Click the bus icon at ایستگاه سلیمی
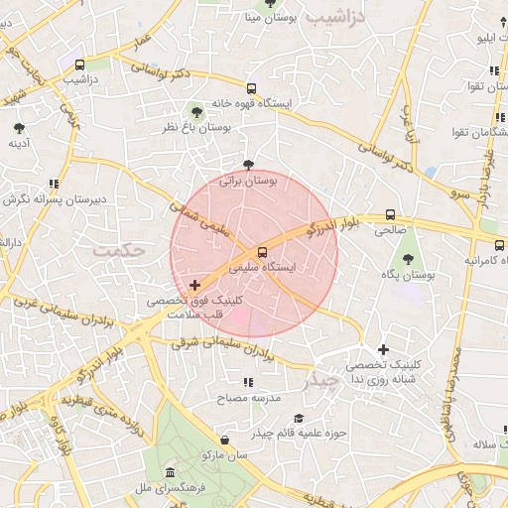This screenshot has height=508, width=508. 262,252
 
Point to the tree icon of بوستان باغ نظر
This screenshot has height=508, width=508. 195,111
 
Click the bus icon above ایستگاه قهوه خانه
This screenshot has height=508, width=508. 251,87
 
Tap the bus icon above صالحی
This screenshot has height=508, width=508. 390,214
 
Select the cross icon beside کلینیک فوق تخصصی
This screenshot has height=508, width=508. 194,285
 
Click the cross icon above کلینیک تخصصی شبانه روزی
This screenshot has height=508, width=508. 384,349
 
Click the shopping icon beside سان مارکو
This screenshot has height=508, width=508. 225,440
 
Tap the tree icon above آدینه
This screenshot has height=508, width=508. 19,128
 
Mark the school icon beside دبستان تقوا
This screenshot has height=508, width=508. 494,71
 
